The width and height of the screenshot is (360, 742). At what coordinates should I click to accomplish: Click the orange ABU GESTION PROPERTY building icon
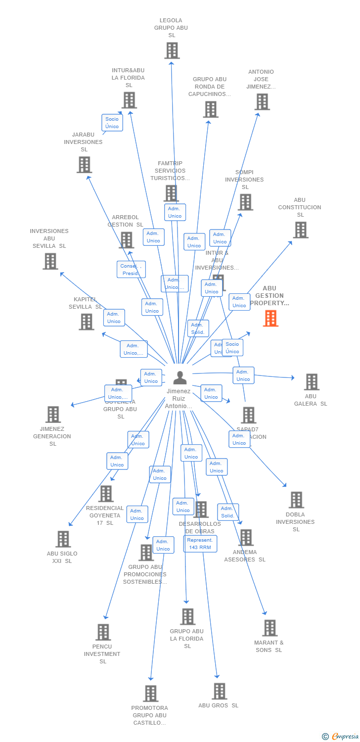[270, 319]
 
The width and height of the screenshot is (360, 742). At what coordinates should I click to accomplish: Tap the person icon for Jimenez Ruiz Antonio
[180, 378]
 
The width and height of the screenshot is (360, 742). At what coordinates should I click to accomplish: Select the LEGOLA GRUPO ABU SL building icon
[172, 50]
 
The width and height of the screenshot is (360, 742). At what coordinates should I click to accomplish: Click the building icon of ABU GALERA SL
[311, 382]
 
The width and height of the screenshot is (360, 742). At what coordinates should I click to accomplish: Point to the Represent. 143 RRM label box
[200, 544]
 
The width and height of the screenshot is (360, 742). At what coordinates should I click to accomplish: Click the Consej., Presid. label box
[131, 270]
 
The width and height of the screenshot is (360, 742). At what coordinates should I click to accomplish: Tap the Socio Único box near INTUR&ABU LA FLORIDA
[112, 123]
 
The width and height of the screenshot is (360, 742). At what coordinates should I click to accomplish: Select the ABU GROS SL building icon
[219, 691]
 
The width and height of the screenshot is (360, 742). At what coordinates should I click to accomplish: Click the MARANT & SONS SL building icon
[270, 628]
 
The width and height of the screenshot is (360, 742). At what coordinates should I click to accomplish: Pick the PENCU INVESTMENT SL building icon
[103, 632]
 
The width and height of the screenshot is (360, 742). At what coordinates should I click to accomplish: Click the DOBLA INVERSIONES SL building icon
[296, 500]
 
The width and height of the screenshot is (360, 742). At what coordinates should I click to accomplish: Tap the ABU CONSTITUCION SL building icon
[300, 230]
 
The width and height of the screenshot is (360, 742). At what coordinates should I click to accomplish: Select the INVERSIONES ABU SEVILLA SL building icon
[50, 261]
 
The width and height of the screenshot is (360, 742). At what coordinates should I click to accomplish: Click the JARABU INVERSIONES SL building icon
[84, 165]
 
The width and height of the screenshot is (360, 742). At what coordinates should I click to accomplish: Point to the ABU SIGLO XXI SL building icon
[63, 539]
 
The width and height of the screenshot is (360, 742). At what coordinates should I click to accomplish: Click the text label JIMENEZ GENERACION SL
[52, 436]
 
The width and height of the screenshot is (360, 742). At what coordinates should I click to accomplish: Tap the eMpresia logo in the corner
[341, 737]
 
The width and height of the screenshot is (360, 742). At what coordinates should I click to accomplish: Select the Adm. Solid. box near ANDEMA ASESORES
[228, 512]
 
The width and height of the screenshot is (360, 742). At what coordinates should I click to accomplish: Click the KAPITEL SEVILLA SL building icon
[87, 322]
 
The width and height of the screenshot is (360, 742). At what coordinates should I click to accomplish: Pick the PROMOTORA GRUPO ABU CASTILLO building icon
[151, 694]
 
